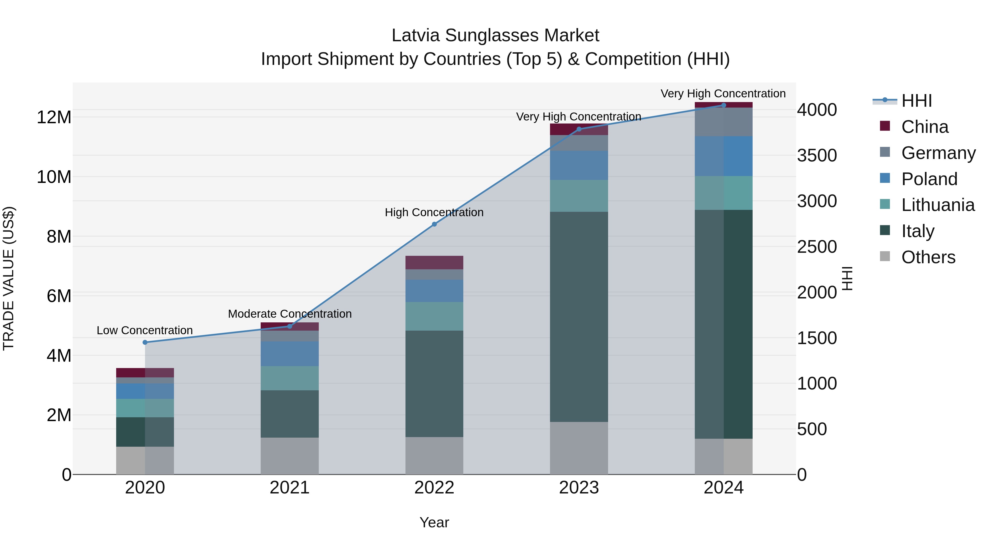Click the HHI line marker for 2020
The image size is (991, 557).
click(145, 342)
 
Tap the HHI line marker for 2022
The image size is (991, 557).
click(434, 224)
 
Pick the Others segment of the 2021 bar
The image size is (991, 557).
click(289, 456)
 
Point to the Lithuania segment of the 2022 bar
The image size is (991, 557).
click(434, 316)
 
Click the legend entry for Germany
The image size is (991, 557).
click(938, 153)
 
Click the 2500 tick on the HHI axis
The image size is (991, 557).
click(817, 246)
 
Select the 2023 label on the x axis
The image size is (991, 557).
click(579, 488)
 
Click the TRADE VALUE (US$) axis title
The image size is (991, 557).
click(9, 278)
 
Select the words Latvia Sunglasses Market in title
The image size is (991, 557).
click(495, 35)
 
